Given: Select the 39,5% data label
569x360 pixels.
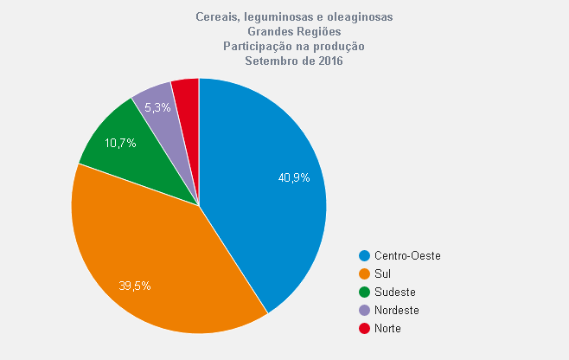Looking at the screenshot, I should click(x=134, y=285).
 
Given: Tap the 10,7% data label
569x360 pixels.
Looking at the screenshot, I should click(x=120, y=143).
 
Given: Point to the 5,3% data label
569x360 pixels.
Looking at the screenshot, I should click(x=157, y=108).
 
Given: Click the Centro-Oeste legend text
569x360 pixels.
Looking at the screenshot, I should click(x=407, y=256).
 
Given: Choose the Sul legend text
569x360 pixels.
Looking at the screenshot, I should click(x=382, y=274).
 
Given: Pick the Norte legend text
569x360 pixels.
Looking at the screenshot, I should click(x=387, y=329).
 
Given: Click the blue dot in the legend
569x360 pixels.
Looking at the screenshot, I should click(x=365, y=256).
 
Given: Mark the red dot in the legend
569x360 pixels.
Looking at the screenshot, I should click(x=365, y=329).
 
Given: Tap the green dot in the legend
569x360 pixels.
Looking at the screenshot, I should click(x=365, y=292).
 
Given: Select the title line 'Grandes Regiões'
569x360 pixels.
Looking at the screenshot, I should click(x=288, y=31).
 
